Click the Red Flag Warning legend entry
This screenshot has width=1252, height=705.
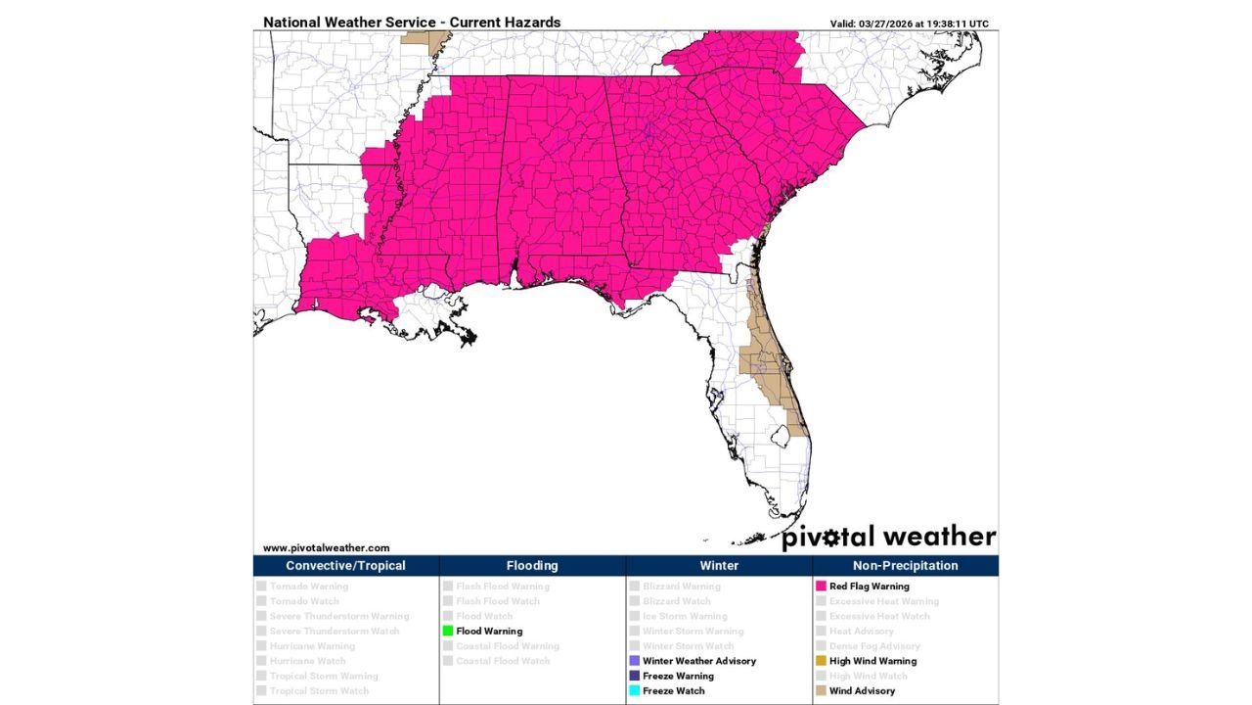tap(869, 587)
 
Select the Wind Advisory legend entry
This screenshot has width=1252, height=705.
tap(861, 691)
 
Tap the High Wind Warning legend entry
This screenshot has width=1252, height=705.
tap(872, 661)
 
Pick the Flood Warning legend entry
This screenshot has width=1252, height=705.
tap(488, 632)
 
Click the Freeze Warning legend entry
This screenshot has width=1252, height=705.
tap(677, 676)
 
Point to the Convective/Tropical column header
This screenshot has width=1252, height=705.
tap(345, 566)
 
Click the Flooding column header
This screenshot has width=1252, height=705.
tap(532, 566)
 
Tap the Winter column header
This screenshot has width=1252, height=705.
tap(719, 566)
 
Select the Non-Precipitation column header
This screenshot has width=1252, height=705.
tap(905, 566)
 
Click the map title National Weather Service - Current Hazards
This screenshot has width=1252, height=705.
tap(412, 23)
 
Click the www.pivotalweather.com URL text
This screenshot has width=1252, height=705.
tap(326, 548)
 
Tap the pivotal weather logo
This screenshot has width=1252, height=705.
tap(888, 537)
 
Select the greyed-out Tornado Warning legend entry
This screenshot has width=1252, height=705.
tap(308, 587)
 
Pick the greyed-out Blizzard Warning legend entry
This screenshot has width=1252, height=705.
tap(681, 587)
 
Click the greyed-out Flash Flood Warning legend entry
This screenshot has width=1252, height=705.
tap(502, 587)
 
